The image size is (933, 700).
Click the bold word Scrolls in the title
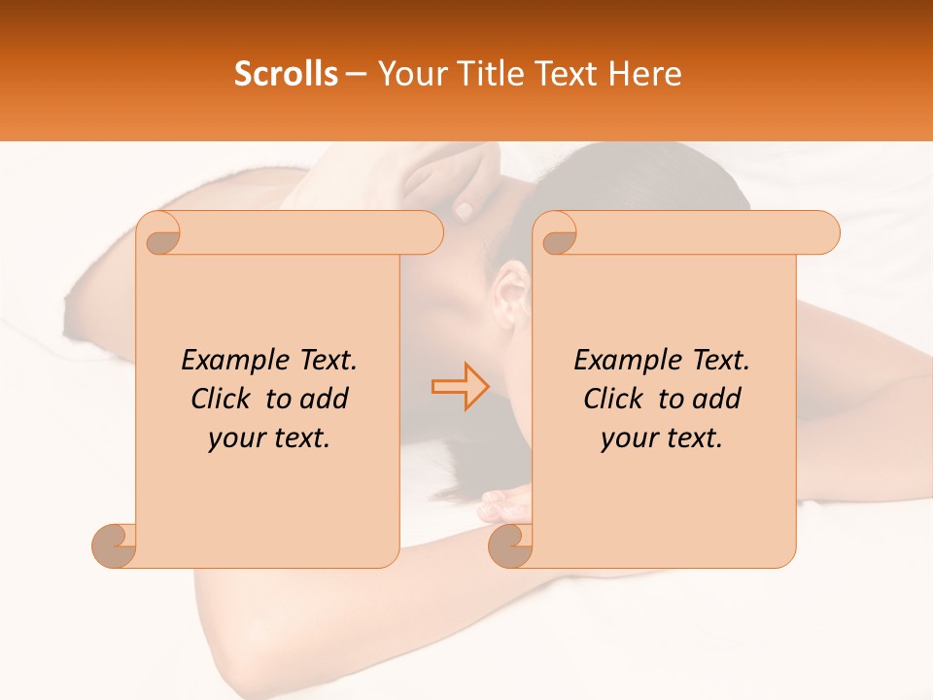click(x=286, y=74)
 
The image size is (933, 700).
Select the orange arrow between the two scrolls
click(x=460, y=386)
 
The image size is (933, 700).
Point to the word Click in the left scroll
click(x=225, y=399)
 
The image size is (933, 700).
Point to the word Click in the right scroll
click(x=617, y=399)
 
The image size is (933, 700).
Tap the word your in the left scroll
click(x=236, y=438)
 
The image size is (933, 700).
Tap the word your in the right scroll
click(x=629, y=438)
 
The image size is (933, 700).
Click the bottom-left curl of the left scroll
click(x=115, y=546)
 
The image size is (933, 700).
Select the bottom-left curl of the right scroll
click(x=510, y=546)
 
